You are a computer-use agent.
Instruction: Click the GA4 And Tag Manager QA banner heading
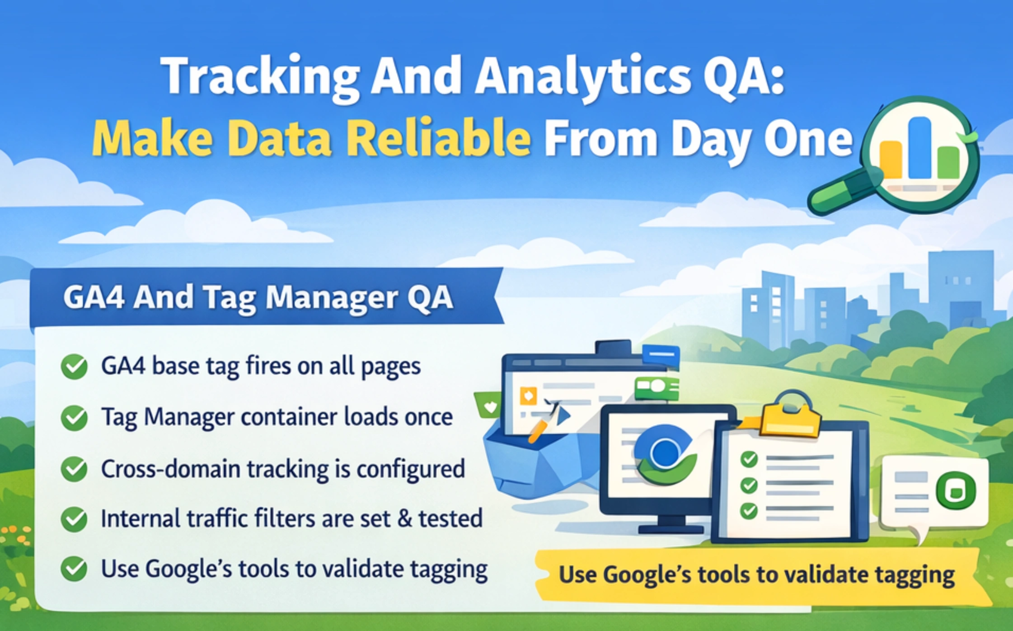[258, 297]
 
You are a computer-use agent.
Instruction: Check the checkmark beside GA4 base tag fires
[74, 367]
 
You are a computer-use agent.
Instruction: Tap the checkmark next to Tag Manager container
[74, 418]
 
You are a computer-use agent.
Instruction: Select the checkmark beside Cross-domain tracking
[74, 469]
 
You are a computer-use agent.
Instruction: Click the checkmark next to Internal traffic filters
[74, 519]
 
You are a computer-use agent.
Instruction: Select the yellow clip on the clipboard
[791, 418]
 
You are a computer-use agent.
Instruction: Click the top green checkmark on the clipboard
[749, 459]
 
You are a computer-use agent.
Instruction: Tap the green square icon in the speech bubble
[956, 491]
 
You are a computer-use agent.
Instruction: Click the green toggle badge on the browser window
[656, 387]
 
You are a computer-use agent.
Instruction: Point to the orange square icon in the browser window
[528, 396]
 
